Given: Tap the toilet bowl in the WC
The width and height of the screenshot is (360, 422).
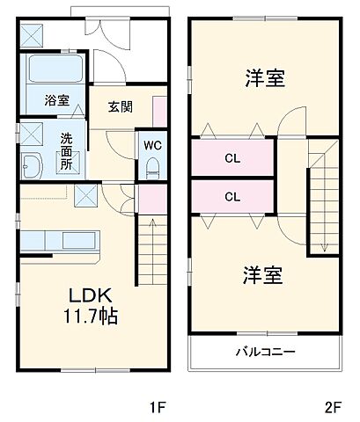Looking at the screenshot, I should click(x=151, y=166).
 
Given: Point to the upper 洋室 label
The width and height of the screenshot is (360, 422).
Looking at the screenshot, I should click(x=263, y=79).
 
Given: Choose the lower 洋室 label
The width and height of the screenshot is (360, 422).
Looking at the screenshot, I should click(x=263, y=275).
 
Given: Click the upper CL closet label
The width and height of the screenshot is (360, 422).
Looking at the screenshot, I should click(x=232, y=159).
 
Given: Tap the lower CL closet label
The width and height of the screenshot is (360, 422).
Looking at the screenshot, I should click(x=232, y=196).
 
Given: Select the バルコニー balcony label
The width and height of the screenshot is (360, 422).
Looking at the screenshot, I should click(x=264, y=352).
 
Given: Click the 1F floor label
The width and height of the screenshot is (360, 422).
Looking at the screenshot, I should click(x=156, y=406).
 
